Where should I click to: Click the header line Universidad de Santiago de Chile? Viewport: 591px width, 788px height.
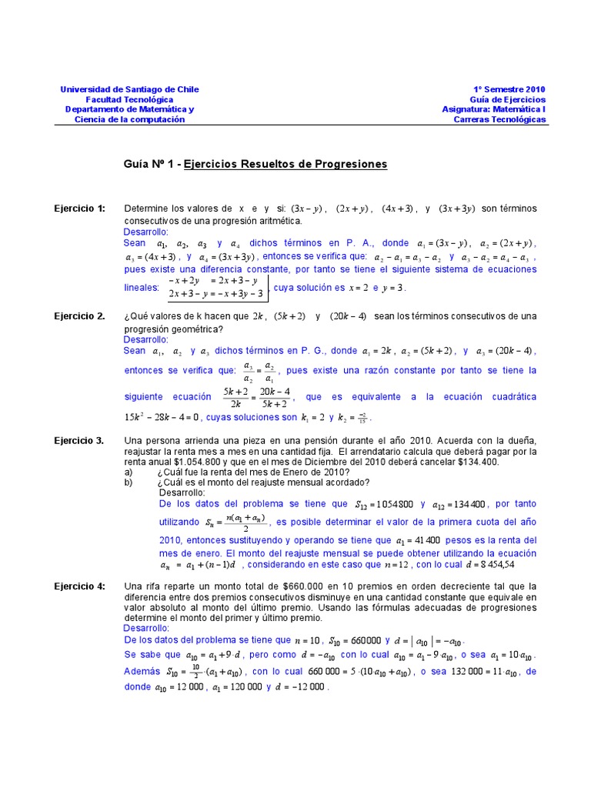coord(129,89)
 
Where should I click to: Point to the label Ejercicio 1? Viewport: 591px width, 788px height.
coord(79,209)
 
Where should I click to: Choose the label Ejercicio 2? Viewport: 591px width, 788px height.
coord(79,316)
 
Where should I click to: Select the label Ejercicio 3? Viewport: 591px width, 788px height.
coord(79,440)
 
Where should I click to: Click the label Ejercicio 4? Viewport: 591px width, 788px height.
coord(79,586)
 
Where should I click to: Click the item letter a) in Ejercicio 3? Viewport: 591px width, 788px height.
coord(129,472)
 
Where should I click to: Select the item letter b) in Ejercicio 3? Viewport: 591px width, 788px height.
coord(129,482)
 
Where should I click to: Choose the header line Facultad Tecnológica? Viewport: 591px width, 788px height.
coord(129,99)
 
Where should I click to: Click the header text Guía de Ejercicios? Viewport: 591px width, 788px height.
coord(508,99)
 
